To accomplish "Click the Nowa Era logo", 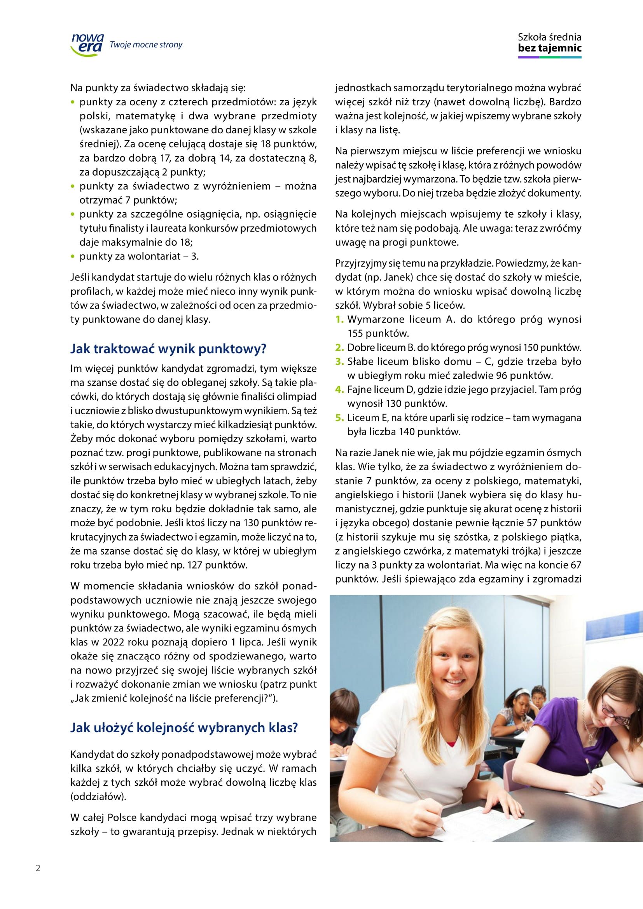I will coord(87,44).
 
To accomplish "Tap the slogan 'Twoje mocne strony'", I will coord(146,45).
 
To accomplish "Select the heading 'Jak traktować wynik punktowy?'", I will coord(168,349).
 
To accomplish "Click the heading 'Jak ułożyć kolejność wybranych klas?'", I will coord(184,728).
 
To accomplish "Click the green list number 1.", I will coord(339,319).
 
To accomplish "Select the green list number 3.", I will coord(339,361).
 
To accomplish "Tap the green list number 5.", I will coord(339,418).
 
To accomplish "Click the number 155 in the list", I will coord(356,333).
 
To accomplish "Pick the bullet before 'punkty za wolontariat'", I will coord(72,256).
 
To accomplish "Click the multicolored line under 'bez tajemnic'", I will coord(550,58).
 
